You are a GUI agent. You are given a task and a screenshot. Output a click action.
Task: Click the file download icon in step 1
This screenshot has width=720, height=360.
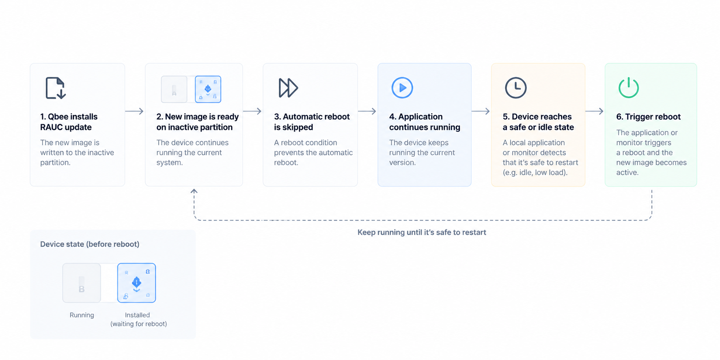tap(56, 88)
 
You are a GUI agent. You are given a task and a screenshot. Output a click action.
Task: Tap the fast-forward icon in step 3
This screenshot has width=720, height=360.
tap(288, 88)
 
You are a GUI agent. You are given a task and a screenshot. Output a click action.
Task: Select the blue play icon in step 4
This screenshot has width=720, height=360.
tap(402, 88)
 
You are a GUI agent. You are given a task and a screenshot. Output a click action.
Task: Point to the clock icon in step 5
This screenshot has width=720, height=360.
tap(515, 88)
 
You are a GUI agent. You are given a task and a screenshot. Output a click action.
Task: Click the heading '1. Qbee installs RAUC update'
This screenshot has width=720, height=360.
tap(69, 122)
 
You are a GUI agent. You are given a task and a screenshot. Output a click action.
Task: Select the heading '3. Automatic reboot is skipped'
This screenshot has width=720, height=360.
tap(312, 122)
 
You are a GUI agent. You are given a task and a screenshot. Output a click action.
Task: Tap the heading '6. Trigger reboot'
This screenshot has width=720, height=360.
tap(648, 117)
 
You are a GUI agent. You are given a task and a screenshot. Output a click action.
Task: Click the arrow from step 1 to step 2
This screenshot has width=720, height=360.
tap(134, 111)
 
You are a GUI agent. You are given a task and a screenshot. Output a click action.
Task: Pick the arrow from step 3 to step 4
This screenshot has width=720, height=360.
tap(367, 111)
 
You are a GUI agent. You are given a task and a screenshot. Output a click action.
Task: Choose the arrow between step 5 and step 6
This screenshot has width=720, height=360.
tap(594, 111)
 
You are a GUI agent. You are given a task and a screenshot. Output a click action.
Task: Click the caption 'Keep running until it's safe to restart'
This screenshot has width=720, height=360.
tap(422, 232)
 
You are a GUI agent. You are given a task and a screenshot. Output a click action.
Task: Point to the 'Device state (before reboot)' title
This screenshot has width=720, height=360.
tap(90, 244)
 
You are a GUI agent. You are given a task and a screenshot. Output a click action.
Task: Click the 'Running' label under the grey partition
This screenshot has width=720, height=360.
tap(82, 315)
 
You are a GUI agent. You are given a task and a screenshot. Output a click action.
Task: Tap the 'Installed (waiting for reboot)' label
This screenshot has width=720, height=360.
tap(138, 319)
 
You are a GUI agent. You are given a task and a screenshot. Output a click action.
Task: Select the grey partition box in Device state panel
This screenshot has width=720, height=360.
tap(82, 283)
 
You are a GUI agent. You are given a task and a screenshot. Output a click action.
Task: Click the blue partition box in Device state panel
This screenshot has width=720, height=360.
tap(136, 283)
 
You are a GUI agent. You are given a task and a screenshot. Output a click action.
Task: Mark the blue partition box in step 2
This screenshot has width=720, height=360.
tap(208, 89)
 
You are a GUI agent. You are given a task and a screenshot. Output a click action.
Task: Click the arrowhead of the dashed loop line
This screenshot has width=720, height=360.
tap(194, 190)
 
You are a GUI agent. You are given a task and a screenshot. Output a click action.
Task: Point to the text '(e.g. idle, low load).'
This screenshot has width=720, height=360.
tap(535, 172)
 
